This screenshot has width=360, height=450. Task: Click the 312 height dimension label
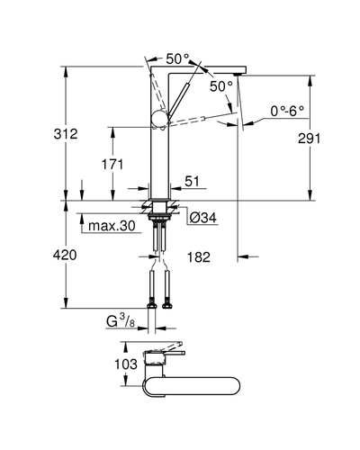click(66, 134)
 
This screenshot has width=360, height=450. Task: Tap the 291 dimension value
click(310, 139)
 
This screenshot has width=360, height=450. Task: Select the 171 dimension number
click(112, 165)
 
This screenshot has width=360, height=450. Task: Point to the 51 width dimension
click(192, 181)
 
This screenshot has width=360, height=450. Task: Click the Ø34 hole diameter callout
click(202, 218)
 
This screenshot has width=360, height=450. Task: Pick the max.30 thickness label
click(112, 226)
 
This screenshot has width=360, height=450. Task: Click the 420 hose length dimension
click(65, 255)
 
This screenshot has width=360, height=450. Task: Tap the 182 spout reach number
click(199, 257)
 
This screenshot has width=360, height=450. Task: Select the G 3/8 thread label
click(121, 321)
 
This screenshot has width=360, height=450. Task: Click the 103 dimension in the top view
click(126, 364)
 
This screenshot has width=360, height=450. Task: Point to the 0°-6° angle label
click(287, 112)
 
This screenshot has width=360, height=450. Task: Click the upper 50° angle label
click(178, 58)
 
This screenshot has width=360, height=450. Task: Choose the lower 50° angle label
click(221, 86)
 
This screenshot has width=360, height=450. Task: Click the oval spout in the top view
click(192, 386)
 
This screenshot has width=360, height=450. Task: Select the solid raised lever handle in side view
click(179, 99)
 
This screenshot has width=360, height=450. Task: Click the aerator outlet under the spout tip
click(240, 74)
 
